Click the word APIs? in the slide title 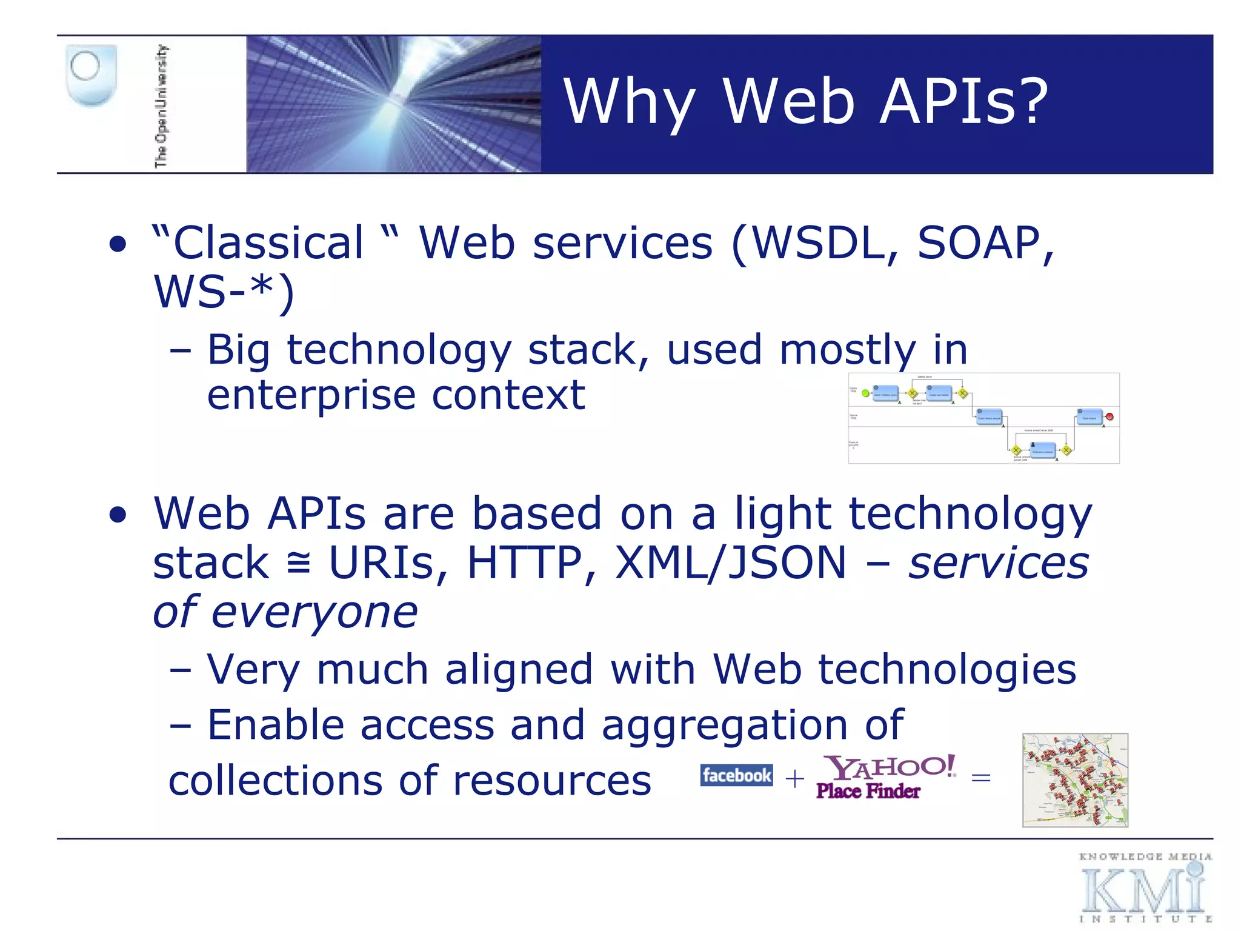(x=963, y=102)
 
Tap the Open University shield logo (x=91, y=75)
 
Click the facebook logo (x=736, y=775)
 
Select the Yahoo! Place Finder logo (x=885, y=777)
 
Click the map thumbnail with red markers (x=1075, y=780)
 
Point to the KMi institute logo (x=1144, y=888)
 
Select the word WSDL (x=820, y=244)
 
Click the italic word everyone (x=314, y=613)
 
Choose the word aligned (x=519, y=670)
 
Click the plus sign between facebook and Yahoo (x=794, y=778)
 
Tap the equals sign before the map (x=980, y=778)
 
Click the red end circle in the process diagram (x=1110, y=417)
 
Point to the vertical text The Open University (x=161, y=106)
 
